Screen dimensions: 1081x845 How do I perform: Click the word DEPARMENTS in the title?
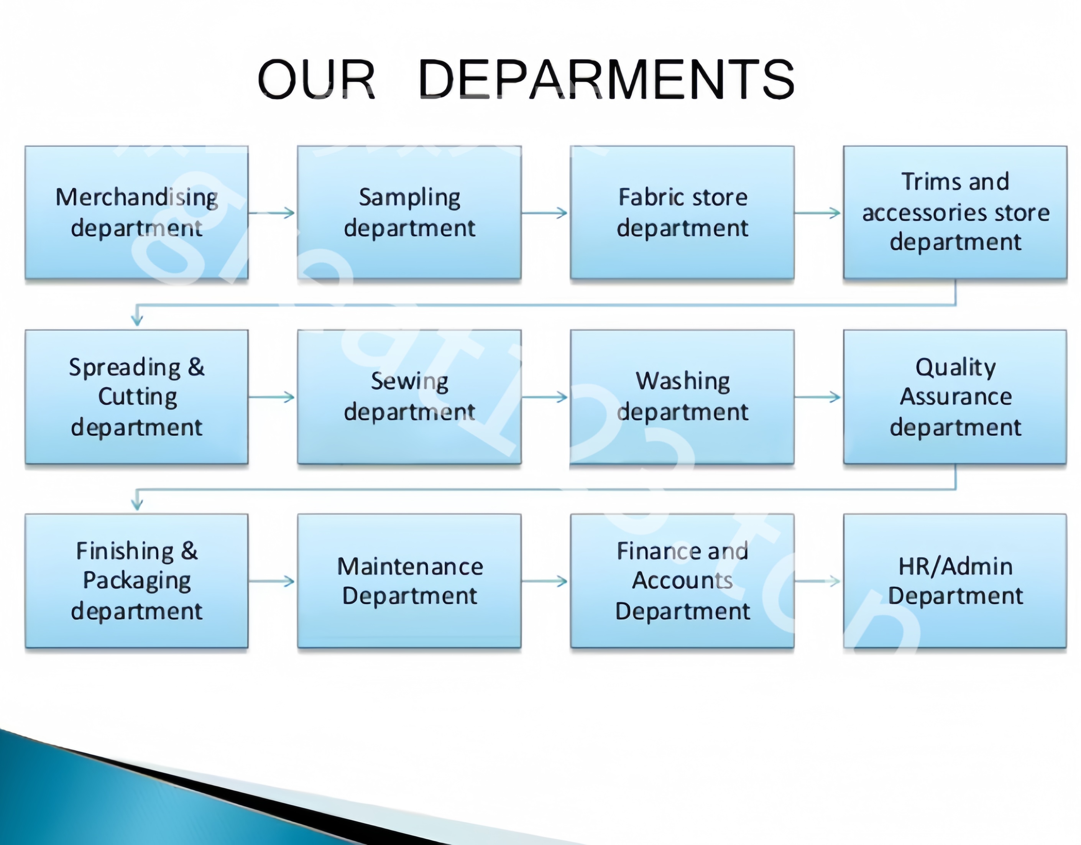click(x=606, y=79)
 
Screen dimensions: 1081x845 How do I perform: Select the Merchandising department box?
click(x=136, y=212)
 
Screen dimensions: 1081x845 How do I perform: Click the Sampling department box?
click(x=409, y=212)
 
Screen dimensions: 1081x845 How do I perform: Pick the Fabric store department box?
click(x=682, y=212)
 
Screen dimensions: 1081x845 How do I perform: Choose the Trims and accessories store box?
click(x=955, y=212)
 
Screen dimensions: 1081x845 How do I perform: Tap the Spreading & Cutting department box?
click(x=136, y=397)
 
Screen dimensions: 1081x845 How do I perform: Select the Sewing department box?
click(x=409, y=397)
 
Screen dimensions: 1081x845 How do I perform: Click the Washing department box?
click(x=682, y=397)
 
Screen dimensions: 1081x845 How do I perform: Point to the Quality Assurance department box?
click(x=955, y=397)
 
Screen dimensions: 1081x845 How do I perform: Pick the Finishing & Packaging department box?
click(x=136, y=581)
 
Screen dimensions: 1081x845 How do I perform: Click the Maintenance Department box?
click(x=409, y=581)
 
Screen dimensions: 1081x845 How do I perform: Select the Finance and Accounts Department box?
click(x=682, y=581)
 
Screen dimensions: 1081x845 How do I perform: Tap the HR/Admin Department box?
click(x=955, y=581)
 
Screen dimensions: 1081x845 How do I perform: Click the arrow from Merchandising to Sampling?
click(x=272, y=213)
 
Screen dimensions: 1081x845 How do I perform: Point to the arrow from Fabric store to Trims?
click(x=818, y=213)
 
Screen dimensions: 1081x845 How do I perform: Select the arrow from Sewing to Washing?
click(x=544, y=397)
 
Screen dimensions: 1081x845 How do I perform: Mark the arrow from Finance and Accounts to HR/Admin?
click(x=818, y=581)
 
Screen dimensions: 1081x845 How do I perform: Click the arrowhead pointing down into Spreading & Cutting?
click(x=137, y=321)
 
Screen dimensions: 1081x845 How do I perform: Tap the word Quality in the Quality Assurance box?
click(x=955, y=368)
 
